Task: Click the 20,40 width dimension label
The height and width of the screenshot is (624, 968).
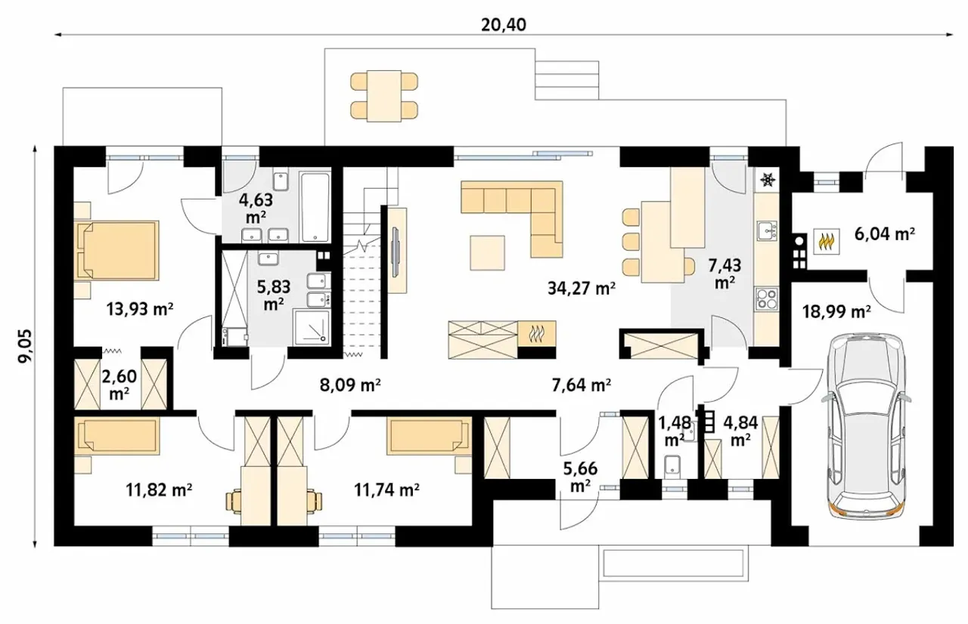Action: pos(504,25)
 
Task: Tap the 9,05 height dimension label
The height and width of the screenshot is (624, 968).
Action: pos(25,347)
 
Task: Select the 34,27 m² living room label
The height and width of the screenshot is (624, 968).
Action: pos(582,288)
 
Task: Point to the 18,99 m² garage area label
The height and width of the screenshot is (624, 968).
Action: pos(836,310)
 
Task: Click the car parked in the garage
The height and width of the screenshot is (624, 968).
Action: pos(867,425)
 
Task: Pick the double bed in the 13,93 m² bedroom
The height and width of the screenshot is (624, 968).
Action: pos(116,250)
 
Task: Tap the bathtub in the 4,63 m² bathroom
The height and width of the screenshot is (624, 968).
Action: pos(315,207)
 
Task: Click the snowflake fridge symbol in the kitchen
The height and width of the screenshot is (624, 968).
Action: pos(768,180)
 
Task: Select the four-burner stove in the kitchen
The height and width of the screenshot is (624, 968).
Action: pos(767,298)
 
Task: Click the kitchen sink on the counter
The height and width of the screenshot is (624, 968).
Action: pos(767,231)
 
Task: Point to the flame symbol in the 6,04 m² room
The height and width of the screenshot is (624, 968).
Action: pos(827,241)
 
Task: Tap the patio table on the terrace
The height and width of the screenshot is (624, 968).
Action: pos(384,96)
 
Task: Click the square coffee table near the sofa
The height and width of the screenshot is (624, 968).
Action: pos(488,253)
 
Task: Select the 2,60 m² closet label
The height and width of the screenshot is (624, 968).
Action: pos(119,384)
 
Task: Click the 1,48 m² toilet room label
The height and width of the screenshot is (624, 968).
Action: pos(674,431)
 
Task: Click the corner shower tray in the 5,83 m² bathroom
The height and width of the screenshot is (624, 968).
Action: pos(312,327)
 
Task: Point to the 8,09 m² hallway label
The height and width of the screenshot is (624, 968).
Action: pos(350,385)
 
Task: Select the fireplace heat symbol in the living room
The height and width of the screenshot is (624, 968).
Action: pos(537,334)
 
